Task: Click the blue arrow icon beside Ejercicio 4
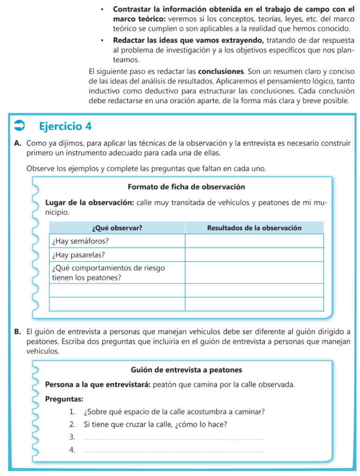(x=20, y=126)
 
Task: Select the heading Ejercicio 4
(x=65, y=126)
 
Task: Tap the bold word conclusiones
(x=221, y=72)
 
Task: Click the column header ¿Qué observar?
(x=117, y=228)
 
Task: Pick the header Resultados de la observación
(x=254, y=228)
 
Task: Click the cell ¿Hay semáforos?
(x=74, y=241)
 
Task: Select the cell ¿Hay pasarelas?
(x=72, y=255)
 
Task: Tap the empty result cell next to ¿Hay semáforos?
(x=254, y=241)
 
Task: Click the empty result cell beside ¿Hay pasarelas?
(x=254, y=255)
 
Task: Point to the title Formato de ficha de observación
(x=186, y=187)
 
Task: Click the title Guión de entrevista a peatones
(x=186, y=370)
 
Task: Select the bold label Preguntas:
(x=64, y=399)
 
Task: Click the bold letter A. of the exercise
(x=18, y=144)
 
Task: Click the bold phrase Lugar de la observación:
(x=90, y=203)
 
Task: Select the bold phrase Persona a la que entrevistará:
(x=98, y=385)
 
